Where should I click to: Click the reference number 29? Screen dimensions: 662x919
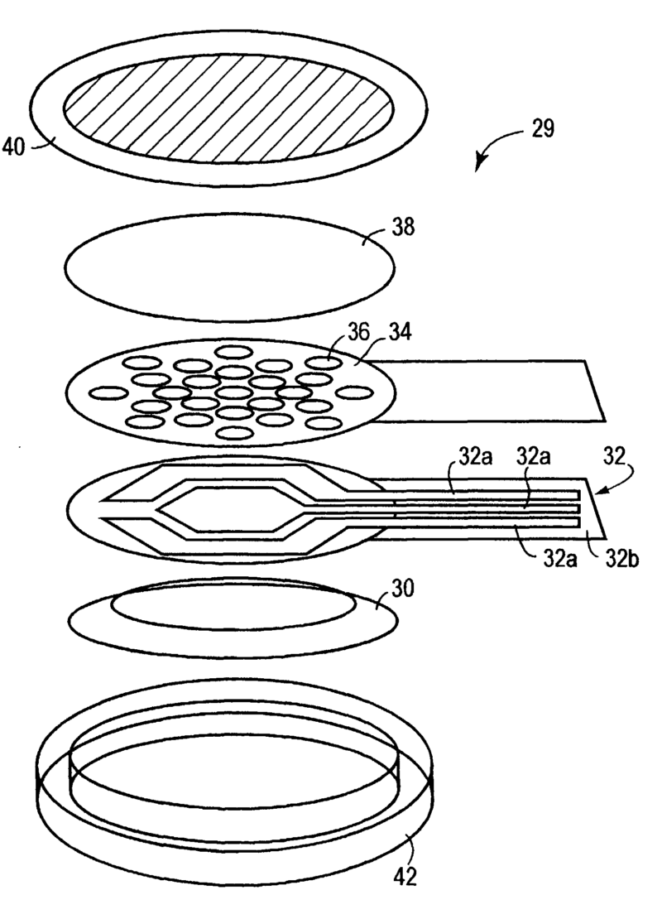543,128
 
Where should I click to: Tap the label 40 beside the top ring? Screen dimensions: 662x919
14,147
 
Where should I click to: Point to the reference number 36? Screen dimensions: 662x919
358,332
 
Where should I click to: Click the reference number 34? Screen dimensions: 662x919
400,332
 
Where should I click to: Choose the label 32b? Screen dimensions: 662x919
621,559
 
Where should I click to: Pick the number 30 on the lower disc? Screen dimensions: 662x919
402,588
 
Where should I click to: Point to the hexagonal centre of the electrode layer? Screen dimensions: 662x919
226,508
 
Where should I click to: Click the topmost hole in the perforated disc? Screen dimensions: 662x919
233,352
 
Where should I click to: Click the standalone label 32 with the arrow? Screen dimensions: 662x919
615,455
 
